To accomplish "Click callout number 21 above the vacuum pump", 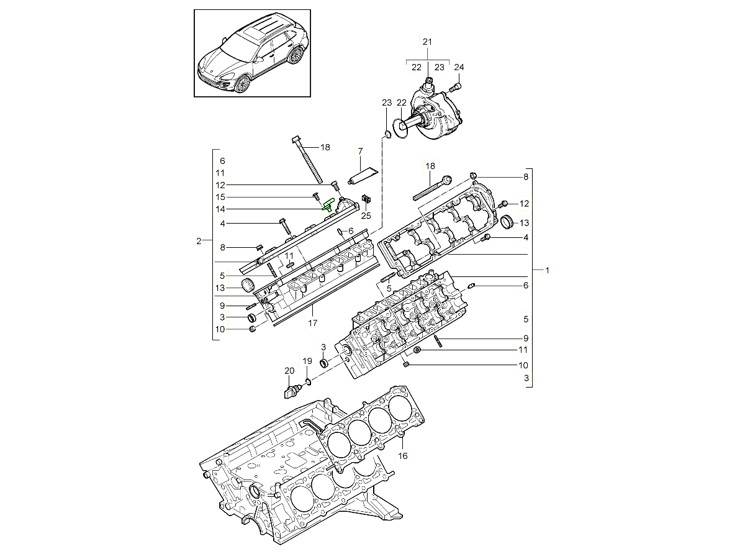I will pyautogui.click(x=427, y=42).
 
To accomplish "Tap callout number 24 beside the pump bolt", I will pyautogui.click(x=459, y=67).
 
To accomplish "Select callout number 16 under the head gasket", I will pyautogui.click(x=402, y=456).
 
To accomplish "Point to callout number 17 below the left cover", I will pyautogui.click(x=312, y=323).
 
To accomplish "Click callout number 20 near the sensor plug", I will pyautogui.click(x=289, y=371).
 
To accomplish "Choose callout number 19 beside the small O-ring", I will pyautogui.click(x=307, y=361).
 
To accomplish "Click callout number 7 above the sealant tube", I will pyautogui.click(x=359, y=151).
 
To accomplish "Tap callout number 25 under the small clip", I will pyautogui.click(x=366, y=216).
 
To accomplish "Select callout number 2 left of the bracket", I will pyautogui.click(x=199, y=241).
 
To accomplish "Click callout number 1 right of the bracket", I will pyautogui.click(x=547, y=271).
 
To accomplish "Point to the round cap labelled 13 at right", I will pyautogui.click(x=507, y=221).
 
